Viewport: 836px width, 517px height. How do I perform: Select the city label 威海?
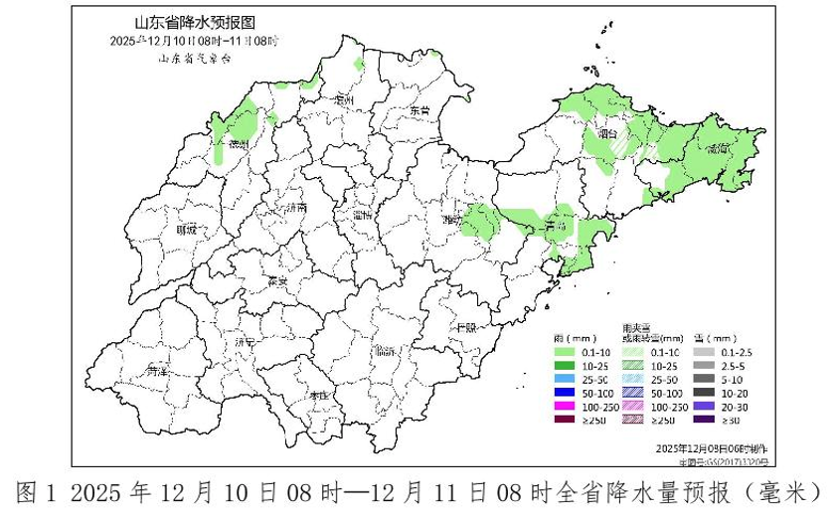click(718, 150)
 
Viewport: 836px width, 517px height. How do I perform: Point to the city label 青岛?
click(557, 228)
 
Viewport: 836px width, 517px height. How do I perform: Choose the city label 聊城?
click(186, 230)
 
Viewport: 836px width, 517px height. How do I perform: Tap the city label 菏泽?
click(156, 371)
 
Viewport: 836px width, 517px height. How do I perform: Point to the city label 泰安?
click(277, 281)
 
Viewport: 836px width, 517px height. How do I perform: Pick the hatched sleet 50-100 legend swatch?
click(635, 394)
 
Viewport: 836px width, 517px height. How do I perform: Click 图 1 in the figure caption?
click(36, 493)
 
